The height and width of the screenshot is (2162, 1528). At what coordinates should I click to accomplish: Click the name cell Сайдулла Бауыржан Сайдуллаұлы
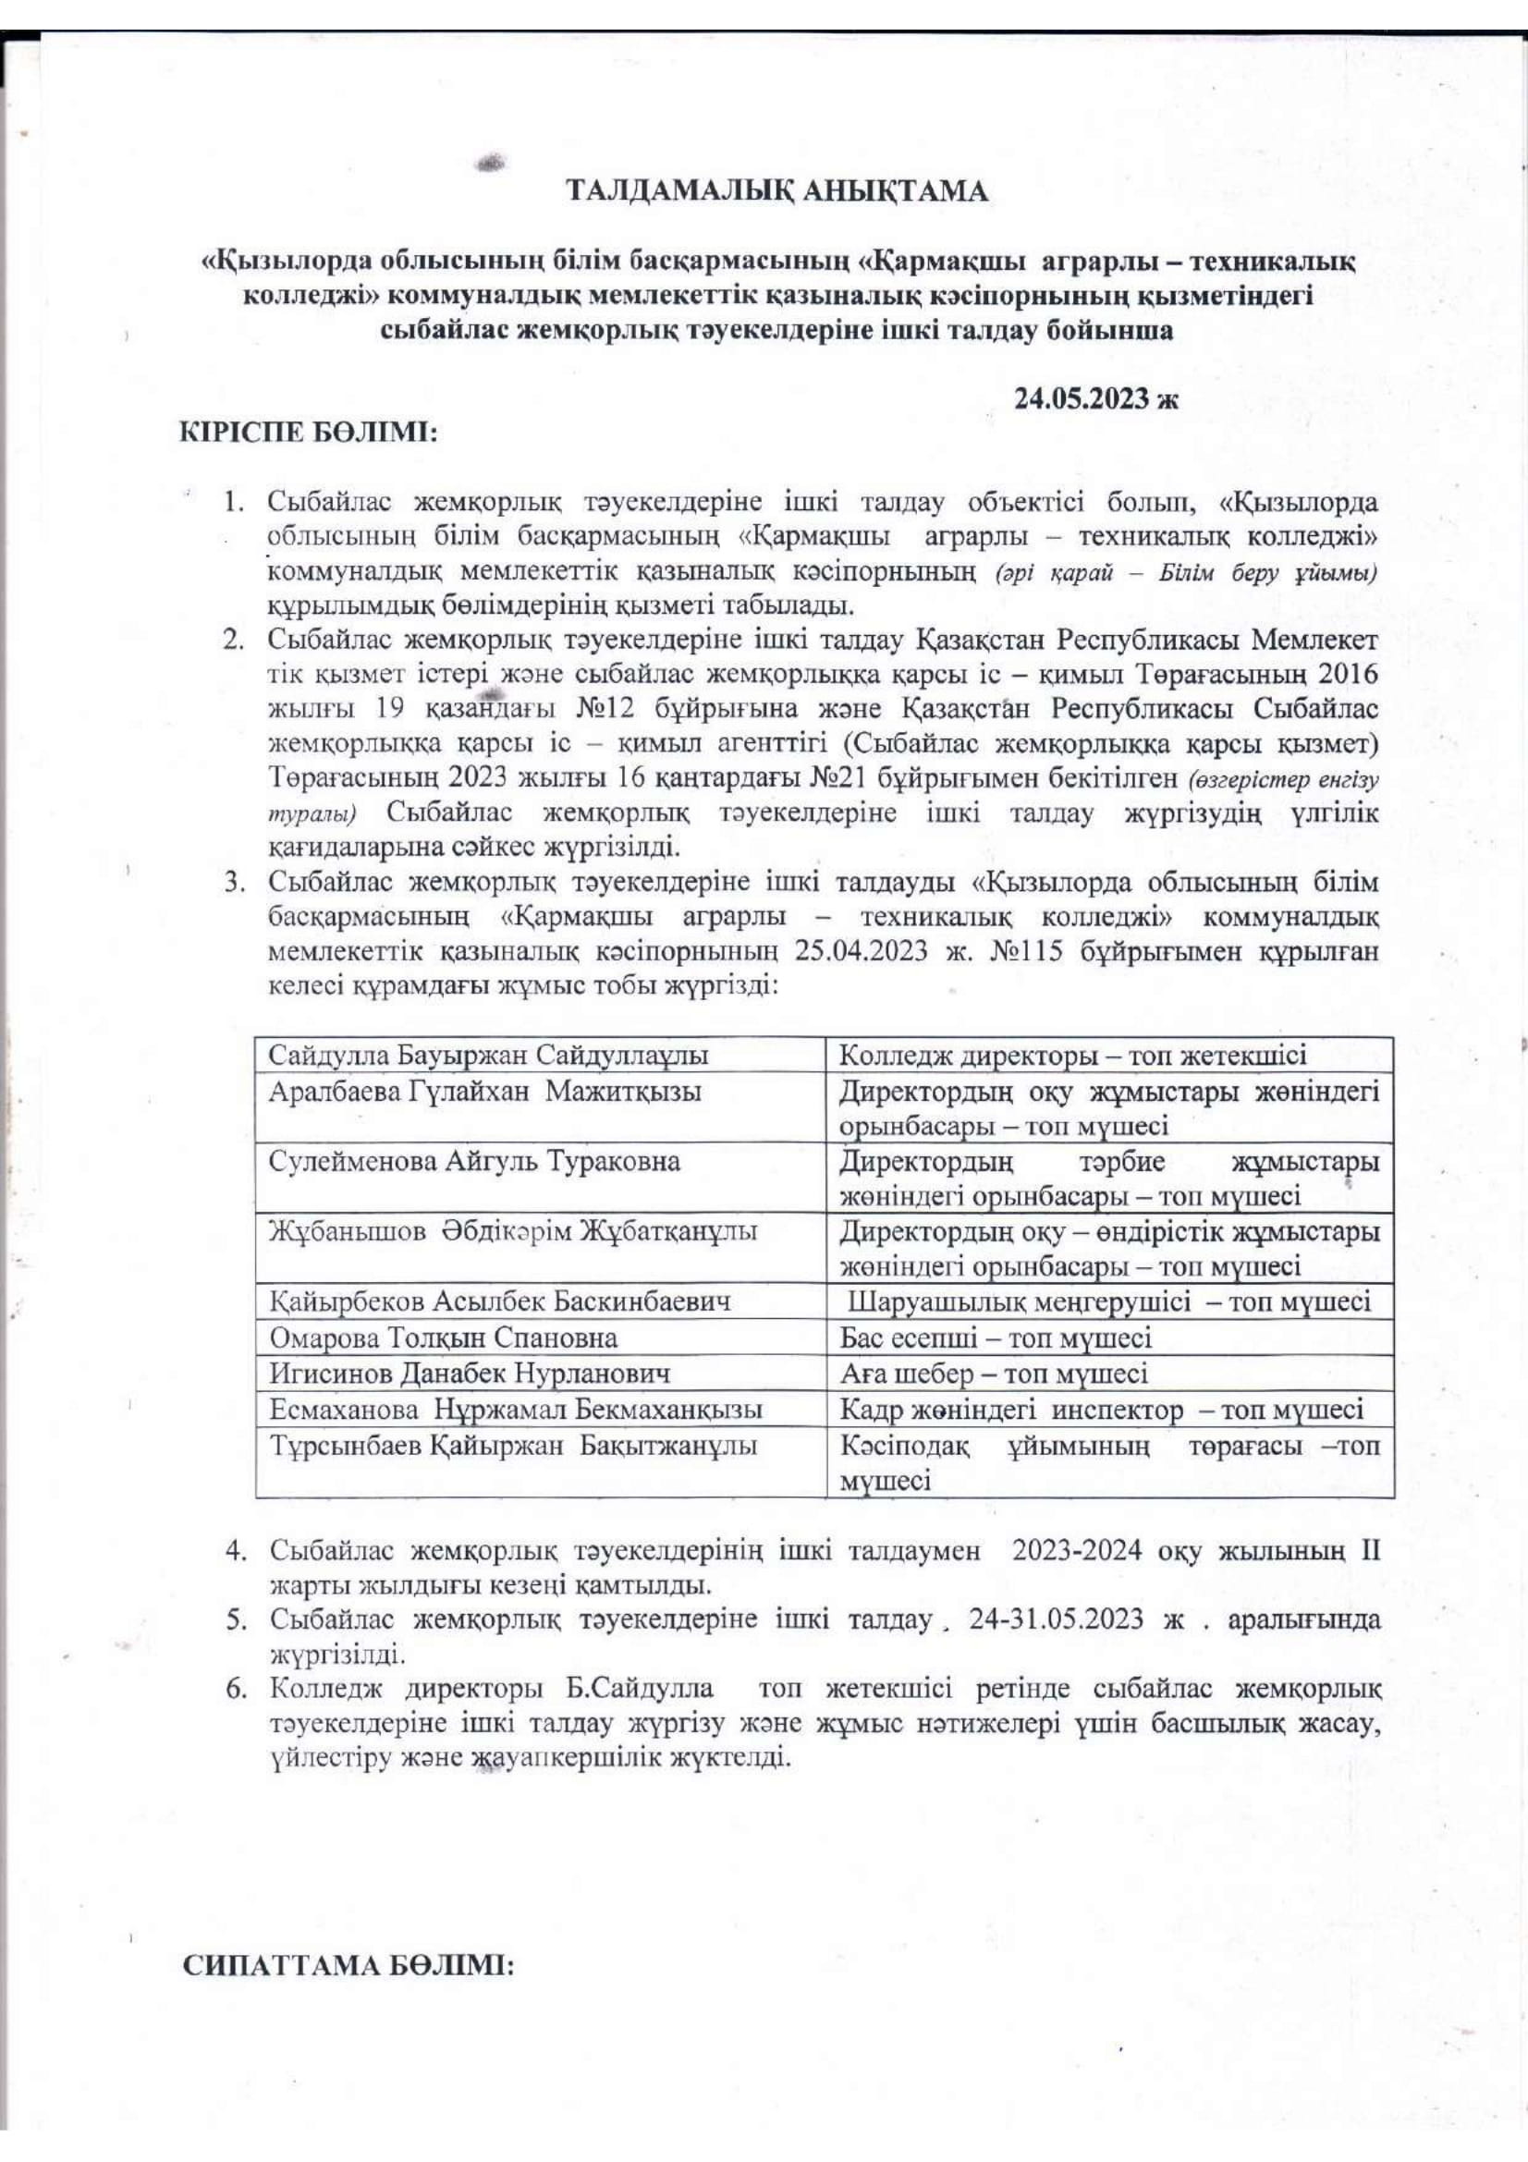pyautogui.click(x=490, y=1056)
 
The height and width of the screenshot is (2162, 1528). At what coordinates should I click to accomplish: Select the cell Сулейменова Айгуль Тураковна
pyautogui.click(x=474, y=1161)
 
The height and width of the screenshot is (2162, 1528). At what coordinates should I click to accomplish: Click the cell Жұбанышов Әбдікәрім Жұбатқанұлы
pyautogui.click(x=513, y=1231)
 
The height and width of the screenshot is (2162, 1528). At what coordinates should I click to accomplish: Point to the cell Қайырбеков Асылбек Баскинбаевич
pyautogui.click(x=500, y=1302)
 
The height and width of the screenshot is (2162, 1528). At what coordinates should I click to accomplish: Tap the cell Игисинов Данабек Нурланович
pyautogui.click(x=470, y=1374)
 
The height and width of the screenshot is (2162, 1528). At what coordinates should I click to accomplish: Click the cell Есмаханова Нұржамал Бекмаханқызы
pyautogui.click(x=516, y=1410)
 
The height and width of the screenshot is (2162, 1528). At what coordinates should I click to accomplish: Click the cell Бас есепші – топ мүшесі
pyautogui.click(x=996, y=1338)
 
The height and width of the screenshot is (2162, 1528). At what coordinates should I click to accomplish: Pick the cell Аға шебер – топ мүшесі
pyautogui.click(x=994, y=1374)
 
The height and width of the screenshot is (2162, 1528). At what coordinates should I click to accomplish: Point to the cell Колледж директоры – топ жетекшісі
pyautogui.click(x=1073, y=1056)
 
